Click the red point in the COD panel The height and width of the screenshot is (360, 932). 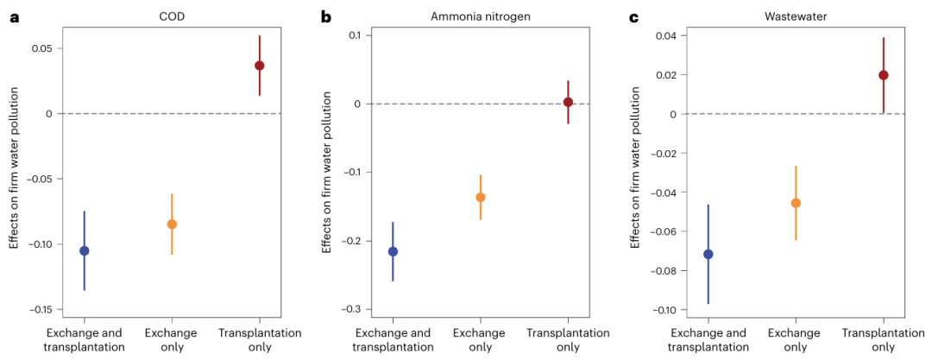coord(259,66)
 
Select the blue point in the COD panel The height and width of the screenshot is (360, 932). coord(84,250)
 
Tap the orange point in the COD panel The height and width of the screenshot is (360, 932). coord(172,224)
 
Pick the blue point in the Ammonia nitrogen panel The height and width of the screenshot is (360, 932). coord(393,251)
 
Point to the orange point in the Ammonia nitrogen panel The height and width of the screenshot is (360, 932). coord(480,197)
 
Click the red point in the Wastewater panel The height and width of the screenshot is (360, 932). coord(884,75)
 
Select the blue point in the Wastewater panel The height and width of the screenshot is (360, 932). coord(708,254)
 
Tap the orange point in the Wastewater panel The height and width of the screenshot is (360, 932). coord(796,203)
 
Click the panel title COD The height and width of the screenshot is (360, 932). coord(172,16)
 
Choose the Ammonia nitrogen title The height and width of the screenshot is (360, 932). coord(480,16)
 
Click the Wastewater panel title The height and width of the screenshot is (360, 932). coord(796,16)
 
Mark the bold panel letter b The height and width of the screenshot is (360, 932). coord(325,16)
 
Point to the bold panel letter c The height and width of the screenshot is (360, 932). coord(633,16)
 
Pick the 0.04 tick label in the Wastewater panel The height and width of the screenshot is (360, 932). coord(663,35)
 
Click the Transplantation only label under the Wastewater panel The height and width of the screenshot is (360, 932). coord(884,340)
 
